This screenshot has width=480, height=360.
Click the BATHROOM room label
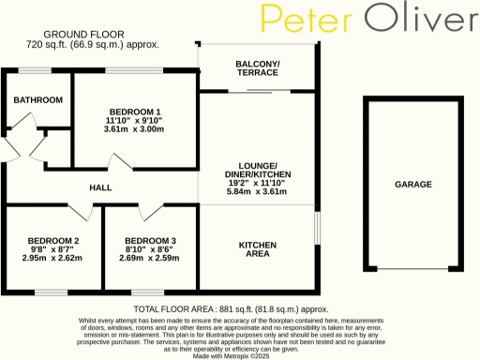pos(37,100)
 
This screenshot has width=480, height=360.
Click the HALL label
pos(100,187)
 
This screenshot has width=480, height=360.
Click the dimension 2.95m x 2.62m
pos(52,259)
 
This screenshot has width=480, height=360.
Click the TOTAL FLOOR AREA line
pos(232,308)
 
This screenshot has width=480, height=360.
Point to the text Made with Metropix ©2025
pos(231,354)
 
